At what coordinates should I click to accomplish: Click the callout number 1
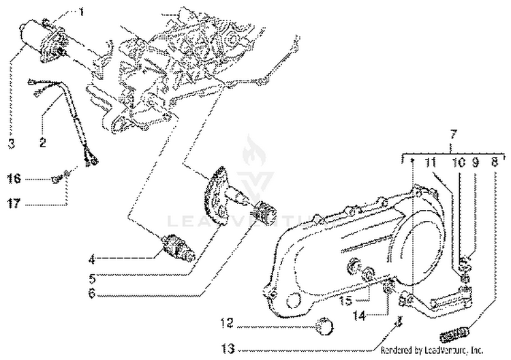coord(81,12)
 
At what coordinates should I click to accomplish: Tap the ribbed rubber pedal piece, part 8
coord(454,334)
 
